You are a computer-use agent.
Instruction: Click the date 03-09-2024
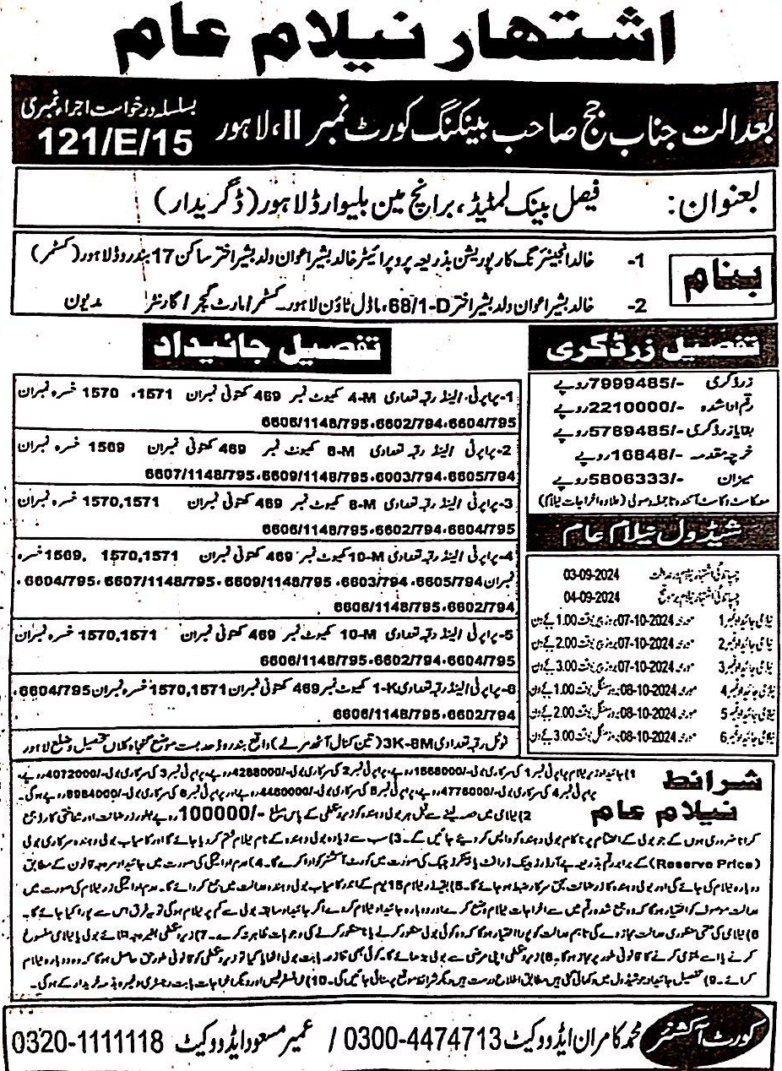click(x=591, y=574)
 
